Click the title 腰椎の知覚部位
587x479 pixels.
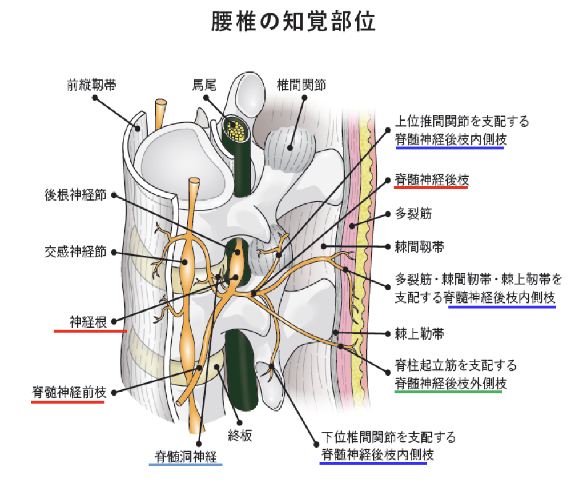[293, 21]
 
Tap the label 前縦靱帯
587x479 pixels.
[92, 85]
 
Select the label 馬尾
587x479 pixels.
[203, 85]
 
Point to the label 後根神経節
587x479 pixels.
[75, 194]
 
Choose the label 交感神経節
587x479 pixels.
[75, 252]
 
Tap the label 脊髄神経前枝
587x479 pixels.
[68, 393]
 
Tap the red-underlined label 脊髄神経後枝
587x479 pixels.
[432, 180]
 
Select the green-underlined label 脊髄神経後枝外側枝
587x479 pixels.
[448, 383]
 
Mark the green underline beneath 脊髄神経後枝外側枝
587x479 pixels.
[448, 392]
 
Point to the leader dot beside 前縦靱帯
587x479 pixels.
[95, 98]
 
